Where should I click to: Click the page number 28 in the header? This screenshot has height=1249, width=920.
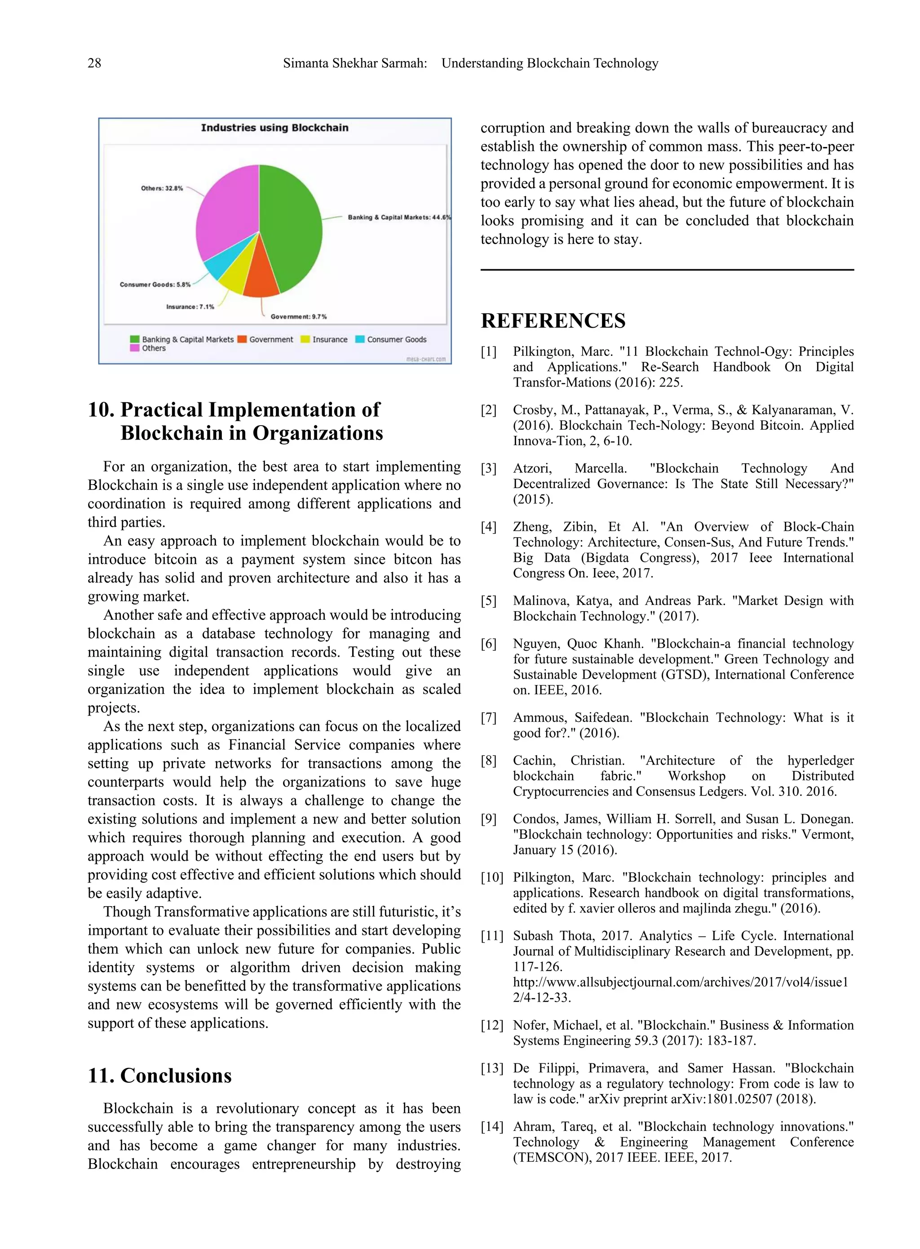[94, 63]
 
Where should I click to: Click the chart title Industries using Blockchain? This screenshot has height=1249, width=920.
[274, 128]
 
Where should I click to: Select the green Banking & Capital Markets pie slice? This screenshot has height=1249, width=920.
[292, 228]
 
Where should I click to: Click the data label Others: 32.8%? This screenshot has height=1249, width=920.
[162, 188]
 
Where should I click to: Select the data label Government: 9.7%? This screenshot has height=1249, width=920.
[298, 316]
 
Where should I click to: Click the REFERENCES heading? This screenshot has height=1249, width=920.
[553, 321]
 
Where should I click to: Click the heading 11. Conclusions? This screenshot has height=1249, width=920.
[159, 1075]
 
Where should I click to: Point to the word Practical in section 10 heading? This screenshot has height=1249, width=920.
[162, 410]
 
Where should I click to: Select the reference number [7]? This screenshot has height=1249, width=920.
[488, 717]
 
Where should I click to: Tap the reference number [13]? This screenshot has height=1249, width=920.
[491, 1068]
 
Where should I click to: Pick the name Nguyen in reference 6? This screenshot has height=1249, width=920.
[536, 644]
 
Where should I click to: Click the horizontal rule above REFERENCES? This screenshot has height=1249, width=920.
[667, 270]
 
